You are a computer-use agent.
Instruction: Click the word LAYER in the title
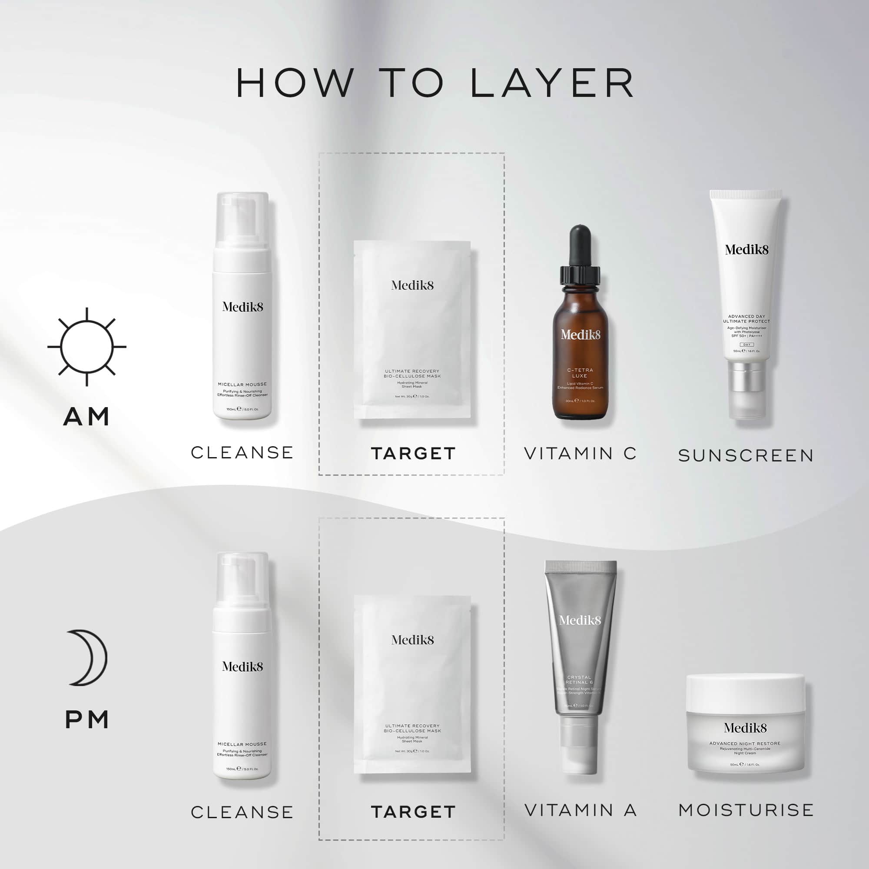click(552, 83)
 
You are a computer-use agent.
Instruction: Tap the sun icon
click(87, 347)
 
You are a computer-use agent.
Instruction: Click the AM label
click(87, 417)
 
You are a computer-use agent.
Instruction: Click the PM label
click(87, 720)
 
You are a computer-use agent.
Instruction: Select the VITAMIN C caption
click(580, 453)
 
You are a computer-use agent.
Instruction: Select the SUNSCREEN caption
click(746, 456)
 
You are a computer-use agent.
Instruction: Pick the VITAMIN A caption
click(580, 810)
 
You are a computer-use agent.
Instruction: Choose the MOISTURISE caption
click(746, 810)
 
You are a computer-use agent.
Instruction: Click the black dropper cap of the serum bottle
click(580, 245)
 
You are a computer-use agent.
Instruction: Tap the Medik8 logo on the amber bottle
click(580, 335)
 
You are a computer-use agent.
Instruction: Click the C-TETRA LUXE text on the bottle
click(580, 372)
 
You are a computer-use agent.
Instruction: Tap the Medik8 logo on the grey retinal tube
click(580, 621)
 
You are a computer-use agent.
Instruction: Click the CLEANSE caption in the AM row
click(242, 452)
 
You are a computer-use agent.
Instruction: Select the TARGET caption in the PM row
click(413, 812)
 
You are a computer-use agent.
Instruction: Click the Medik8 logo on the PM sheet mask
click(412, 640)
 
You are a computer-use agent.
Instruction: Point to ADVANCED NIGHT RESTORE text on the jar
click(745, 743)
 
